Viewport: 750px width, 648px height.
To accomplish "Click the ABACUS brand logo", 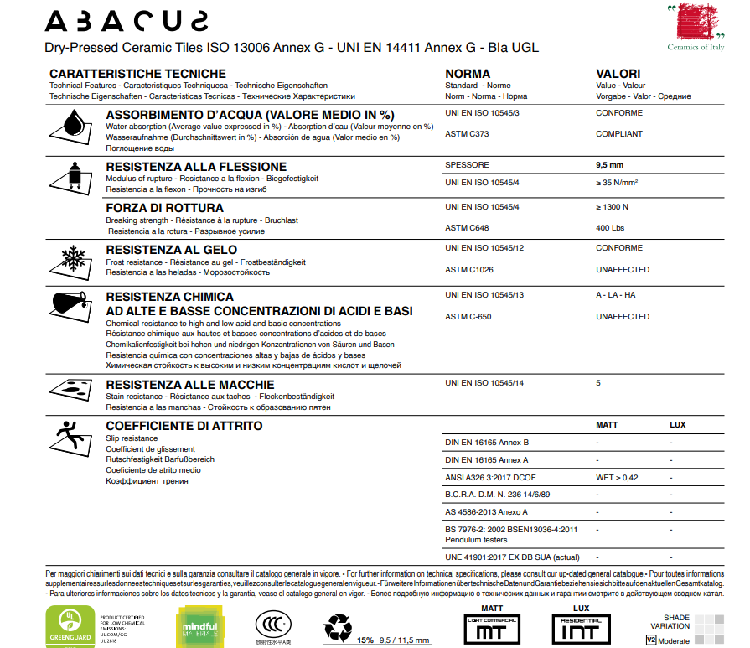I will point(127,20).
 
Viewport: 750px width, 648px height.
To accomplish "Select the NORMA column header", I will point(468,74).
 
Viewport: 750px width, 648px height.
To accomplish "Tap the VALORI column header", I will point(618,74).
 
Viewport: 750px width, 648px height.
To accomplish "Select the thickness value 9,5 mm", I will point(609,165).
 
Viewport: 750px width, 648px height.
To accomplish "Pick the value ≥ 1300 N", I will point(612,206).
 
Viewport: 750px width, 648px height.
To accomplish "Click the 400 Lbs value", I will point(609,228).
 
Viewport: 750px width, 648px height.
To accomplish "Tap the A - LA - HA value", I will point(616,295).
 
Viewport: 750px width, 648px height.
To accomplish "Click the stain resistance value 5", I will point(598,383).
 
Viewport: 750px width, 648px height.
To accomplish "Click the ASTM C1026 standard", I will point(469,270).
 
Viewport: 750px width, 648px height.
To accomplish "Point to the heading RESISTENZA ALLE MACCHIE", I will point(184,385).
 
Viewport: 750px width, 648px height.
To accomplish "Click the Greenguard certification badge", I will point(65,626).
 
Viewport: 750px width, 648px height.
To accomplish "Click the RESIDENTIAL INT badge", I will point(580,627).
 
